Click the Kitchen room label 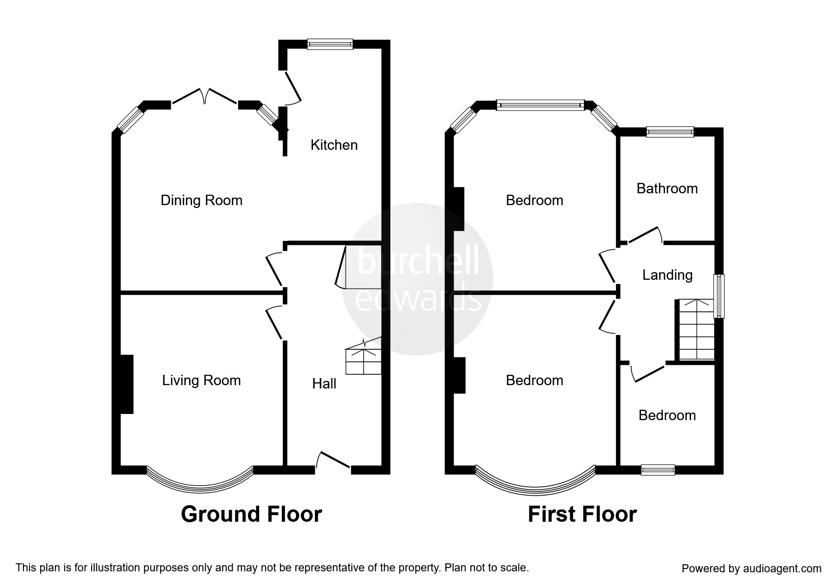pos(334,145)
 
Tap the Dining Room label pos(202,200)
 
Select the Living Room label pos(202,380)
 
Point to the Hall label pos(324,383)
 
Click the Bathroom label pos(667,189)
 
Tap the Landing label pos(667,275)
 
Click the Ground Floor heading pos(252,514)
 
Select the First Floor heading pos(582,514)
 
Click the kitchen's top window pos(330,44)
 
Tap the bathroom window pos(670,132)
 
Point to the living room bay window pos(200,480)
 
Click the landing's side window pos(719,296)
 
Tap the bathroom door pos(643,235)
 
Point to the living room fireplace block pos(127,384)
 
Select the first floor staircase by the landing pos(696,329)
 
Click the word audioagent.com pos(779,569)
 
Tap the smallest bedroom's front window pos(658,470)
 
